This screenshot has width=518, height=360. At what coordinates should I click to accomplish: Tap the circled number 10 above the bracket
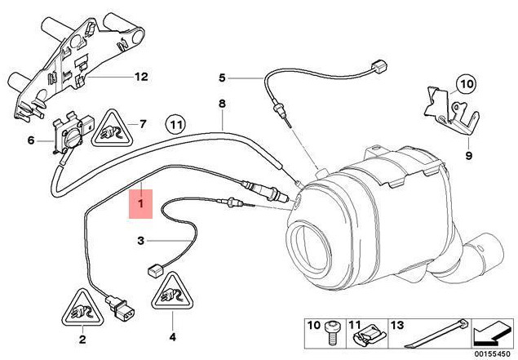tap(464, 83)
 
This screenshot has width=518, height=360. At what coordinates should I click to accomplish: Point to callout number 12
tap(140, 78)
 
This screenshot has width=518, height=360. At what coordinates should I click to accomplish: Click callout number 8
tap(220, 104)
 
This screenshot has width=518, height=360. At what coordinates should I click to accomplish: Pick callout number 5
tap(221, 78)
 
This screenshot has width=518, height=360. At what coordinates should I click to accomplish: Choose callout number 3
tap(140, 240)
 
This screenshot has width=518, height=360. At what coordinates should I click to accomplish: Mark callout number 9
tap(469, 153)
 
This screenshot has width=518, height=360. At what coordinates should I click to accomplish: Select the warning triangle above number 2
tap(81, 308)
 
